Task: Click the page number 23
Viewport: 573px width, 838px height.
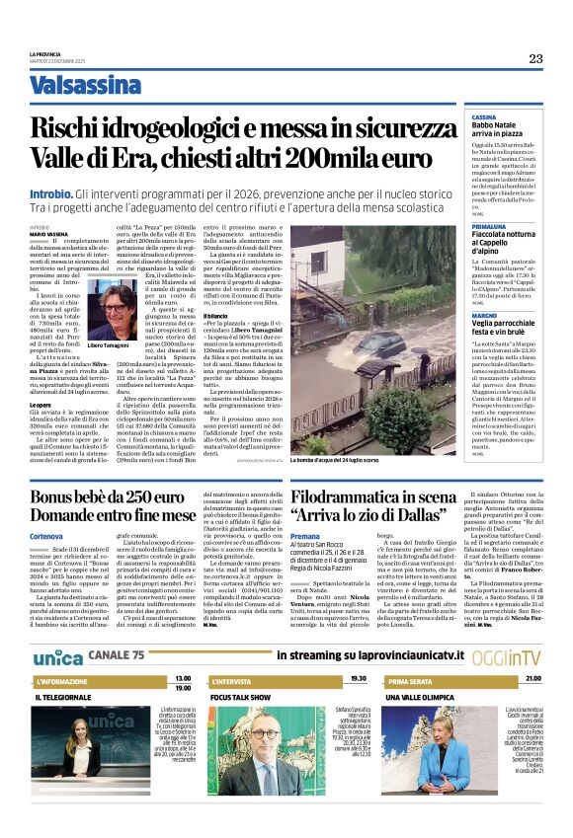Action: tap(534, 58)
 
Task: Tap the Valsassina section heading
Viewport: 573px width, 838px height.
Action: tap(85, 85)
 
